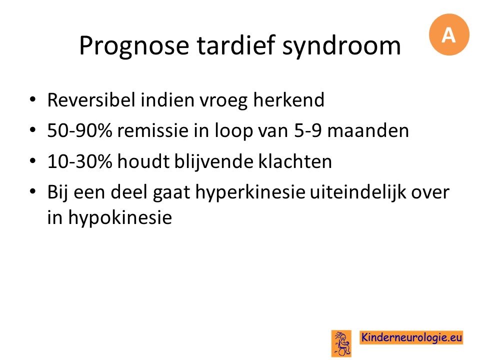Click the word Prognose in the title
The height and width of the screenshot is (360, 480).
click(134, 46)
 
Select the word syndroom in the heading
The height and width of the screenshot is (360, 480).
click(341, 46)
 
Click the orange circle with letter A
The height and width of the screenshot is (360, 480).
click(449, 34)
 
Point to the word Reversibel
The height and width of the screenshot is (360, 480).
click(91, 100)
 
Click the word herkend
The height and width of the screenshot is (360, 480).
click(288, 100)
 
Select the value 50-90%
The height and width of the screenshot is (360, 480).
click(80, 130)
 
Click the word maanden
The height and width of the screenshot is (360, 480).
click(368, 130)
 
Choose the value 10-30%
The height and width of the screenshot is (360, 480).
click(80, 161)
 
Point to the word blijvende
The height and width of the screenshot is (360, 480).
click(214, 161)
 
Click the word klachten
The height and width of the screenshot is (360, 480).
click(295, 161)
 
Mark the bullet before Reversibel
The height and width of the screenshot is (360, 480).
click(33, 99)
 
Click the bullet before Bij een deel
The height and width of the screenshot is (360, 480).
click(33, 191)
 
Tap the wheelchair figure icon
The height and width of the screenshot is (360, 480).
click(341, 343)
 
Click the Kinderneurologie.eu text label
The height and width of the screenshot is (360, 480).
click(411, 337)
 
